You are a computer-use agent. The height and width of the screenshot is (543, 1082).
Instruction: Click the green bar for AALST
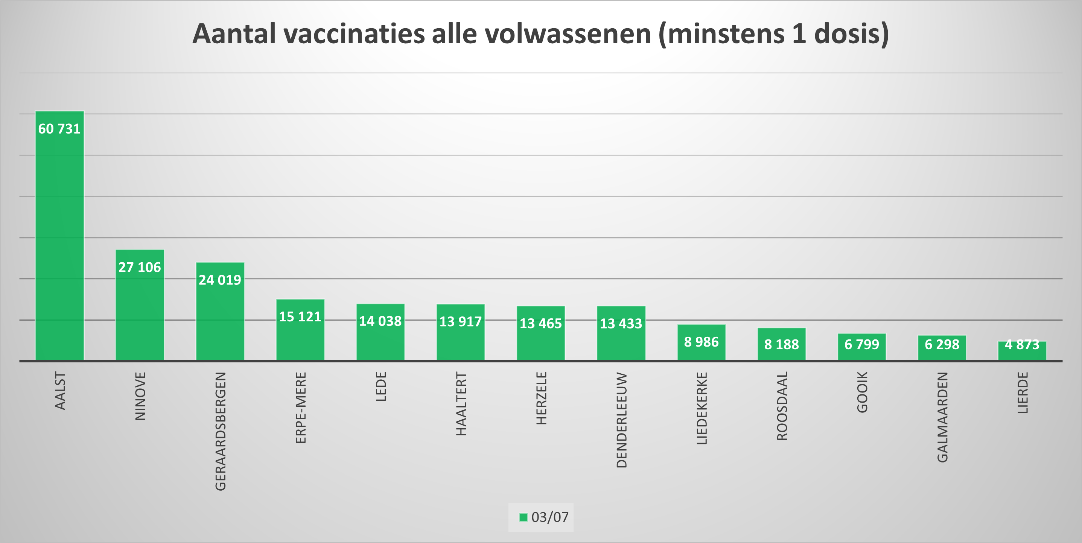coord(59,243)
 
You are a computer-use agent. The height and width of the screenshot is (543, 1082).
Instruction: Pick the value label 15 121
coord(300,316)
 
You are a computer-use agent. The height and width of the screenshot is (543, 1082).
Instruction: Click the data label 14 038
coord(380,321)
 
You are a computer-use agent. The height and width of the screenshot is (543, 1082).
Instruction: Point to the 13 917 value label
coord(460,322)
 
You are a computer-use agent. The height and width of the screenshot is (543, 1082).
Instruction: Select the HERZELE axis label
coord(542,398)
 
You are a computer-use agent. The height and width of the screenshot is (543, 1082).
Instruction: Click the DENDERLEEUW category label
coord(621,420)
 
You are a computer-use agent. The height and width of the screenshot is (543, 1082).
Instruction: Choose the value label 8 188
coord(781,344)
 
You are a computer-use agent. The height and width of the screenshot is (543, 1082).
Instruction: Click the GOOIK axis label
coord(862,392)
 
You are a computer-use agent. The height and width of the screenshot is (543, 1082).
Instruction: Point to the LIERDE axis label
coord(1023,392)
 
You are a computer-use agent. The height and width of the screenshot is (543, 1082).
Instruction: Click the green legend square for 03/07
coord(523,517)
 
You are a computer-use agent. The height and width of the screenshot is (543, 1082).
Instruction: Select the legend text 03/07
coord(550,517)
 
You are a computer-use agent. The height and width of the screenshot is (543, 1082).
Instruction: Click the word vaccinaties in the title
coord(354,33)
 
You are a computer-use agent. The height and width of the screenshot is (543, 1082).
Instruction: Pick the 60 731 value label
coord(59,128)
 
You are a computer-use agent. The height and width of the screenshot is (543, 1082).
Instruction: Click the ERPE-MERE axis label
coord(301,408)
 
